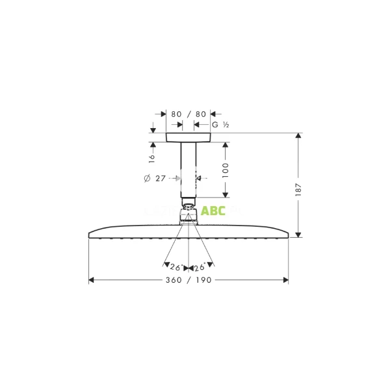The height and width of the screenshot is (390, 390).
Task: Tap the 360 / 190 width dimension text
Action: point(188,280)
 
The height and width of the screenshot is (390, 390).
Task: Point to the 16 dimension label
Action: point(152,157)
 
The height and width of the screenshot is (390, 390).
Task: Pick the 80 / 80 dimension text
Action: point(188,114)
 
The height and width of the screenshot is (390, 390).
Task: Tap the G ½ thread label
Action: point(220,124)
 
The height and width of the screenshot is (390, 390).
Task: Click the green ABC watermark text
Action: point(213,211)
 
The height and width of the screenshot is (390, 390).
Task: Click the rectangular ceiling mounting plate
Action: point(188,137)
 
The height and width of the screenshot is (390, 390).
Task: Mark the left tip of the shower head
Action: point(88,235)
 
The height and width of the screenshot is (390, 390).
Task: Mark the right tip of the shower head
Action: point(289,235)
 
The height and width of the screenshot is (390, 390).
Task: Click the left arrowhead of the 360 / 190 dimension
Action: point(92,280)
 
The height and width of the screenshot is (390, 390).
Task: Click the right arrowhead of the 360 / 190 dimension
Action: point(285,280)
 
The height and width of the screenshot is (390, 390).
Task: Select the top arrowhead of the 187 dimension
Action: point(298,136)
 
